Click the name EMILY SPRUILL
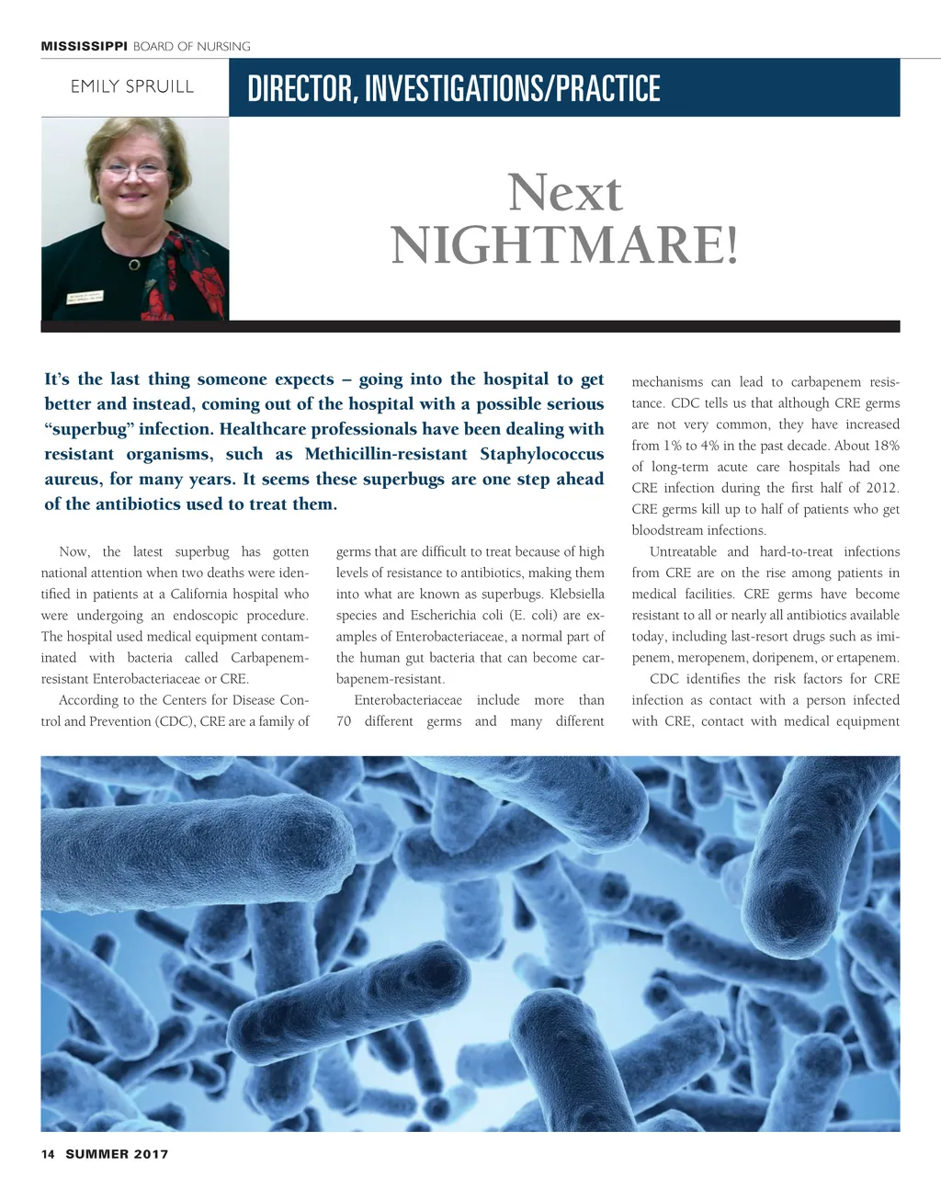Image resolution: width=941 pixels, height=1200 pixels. [x=132, y=87]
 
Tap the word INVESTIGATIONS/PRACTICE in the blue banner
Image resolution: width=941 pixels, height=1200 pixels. [x=512, y=89]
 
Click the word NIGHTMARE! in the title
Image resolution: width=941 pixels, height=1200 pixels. [x=564, y=245]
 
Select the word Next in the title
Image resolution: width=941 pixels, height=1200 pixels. [x=564, y=193]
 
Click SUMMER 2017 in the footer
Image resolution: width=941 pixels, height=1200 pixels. [x=117, y=1154]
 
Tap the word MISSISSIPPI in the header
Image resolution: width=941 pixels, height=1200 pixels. [x=84, y=47]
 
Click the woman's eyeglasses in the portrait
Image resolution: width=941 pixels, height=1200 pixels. [x=134, y=170]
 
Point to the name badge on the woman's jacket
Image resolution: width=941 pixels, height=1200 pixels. [x=85, y=299]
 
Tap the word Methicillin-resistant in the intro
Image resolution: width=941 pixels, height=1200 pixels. [x=386, y=454]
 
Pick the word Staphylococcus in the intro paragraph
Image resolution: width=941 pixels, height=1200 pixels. [x=541, y=454]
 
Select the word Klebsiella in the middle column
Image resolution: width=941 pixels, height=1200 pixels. [x=576, y=594]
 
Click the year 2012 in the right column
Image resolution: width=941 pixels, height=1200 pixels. [x=882, y=488]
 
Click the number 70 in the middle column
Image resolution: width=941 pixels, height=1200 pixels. [x=344, y=721]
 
